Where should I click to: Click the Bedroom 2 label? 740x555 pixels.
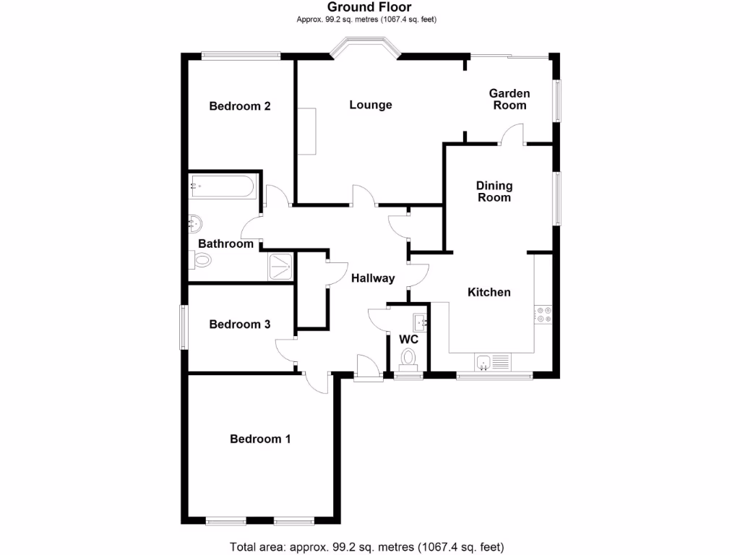click(240, 106)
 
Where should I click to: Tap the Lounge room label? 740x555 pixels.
click(371, 105)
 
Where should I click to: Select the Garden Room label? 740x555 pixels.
click(509, 99)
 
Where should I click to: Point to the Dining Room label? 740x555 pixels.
click(494, 192)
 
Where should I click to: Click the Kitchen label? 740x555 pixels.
click(489, 292)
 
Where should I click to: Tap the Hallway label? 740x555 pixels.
click(373, 278)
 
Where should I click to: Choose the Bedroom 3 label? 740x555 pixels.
click(240, 324)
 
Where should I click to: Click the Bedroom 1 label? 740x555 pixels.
click(260, 439)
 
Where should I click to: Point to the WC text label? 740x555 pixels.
click(409, 340)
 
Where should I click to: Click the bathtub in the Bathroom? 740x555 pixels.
click(223, 186)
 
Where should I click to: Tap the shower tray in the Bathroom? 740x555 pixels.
click(280, 267)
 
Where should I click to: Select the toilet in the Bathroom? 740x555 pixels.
click(201, 260)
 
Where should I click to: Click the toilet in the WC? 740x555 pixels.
click(408, 360)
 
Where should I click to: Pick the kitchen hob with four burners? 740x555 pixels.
click(543, 315)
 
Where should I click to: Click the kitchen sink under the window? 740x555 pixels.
click(493, 363)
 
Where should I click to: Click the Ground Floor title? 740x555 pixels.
click(369, 7)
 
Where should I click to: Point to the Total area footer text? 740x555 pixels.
click(366, 547)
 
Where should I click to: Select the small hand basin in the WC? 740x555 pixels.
click(420, 322)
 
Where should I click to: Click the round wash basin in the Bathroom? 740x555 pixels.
click(195, 224)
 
